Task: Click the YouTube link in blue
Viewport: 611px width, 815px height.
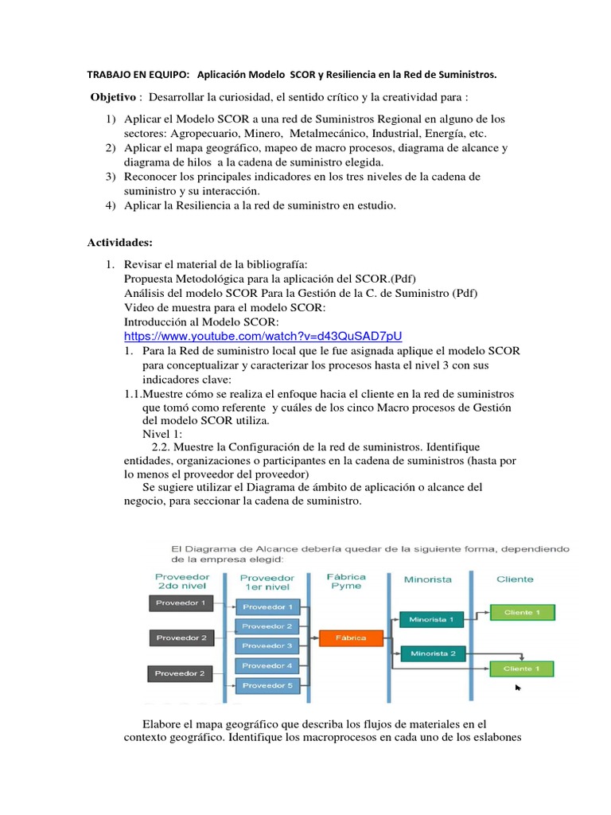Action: tap(269, 336)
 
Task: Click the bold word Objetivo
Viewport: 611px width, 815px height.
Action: tap(114, 97)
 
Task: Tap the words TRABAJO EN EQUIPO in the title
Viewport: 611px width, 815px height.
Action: tap(138, 75)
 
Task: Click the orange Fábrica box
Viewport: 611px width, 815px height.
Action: tap(351, 638)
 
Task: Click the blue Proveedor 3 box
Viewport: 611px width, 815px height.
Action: tap(267, 645)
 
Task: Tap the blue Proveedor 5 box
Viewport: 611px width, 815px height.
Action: tap(267, 684)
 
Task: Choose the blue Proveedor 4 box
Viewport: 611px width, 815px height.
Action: tap(267, 665)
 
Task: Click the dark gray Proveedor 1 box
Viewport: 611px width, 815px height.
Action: tap(181, 602)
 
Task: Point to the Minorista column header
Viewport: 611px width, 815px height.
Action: tap(428, 579)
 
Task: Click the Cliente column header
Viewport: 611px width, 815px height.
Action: tap(516, 579)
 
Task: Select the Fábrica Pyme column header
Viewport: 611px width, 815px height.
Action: tap(347, 581)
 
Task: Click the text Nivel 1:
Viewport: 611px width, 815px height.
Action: tap(162, 434)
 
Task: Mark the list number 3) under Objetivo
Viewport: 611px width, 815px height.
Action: tap(111, 177)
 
